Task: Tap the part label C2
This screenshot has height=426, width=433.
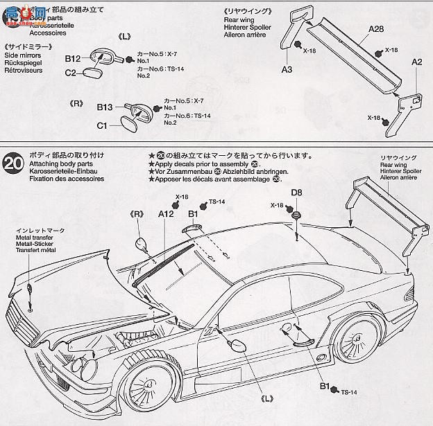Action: pyautogui.click(x=71, y=73)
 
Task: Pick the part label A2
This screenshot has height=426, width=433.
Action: pyautogui.click(x=416, y=62)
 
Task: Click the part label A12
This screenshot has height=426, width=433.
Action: pyautogui.click(x=165, y=214)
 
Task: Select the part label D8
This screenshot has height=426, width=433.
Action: pyautogui.click(x=296, y=192)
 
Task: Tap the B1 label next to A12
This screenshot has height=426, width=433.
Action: pyautogui.click(x=193, y=214)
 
